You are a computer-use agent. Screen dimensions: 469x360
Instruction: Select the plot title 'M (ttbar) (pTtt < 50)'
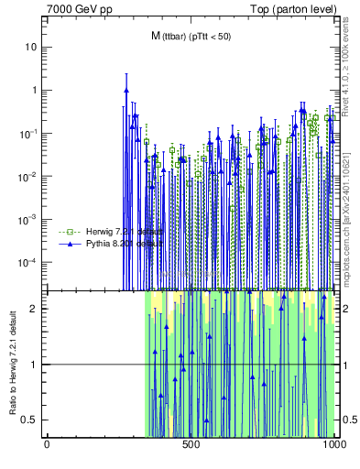click(191, 36)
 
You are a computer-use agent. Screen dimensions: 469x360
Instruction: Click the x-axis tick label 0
click(47, 448)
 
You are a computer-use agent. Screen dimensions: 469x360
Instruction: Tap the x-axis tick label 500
click(191, 448)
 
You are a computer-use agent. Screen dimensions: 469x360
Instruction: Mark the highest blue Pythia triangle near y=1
click(125, 90)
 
